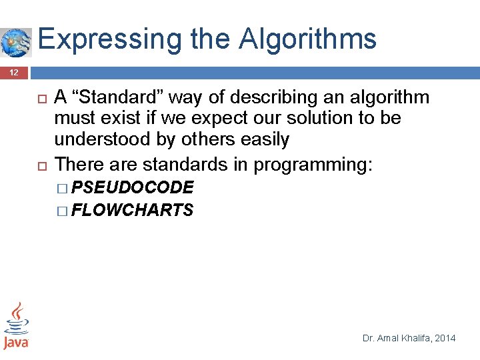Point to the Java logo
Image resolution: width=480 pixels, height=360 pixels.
16,325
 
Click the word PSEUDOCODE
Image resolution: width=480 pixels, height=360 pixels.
132,187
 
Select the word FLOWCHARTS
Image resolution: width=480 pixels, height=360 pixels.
132,211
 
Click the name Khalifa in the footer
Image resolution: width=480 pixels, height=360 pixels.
413,338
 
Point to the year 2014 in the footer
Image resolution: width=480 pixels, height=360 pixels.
445,338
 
